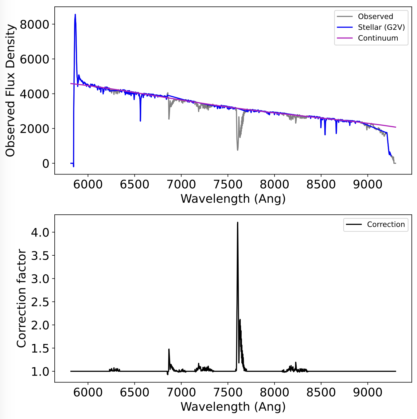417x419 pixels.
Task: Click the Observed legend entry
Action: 375,17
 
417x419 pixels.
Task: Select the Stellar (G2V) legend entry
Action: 381,27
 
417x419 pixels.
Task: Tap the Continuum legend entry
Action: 378,38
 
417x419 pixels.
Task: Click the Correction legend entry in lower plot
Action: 386,225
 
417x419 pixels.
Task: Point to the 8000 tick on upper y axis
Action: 34,24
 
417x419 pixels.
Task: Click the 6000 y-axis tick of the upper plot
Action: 34,59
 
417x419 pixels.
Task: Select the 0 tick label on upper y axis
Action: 46,163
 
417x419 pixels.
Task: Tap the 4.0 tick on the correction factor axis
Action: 40,232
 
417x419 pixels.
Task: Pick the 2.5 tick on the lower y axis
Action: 40,302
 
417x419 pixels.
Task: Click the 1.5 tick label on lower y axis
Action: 40,349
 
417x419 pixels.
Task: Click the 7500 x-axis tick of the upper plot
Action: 228,185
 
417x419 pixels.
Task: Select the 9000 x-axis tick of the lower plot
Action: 368,393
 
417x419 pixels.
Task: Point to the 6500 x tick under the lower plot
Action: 134,393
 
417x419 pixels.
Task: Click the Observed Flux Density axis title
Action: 10,90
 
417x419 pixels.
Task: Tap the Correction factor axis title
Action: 21,298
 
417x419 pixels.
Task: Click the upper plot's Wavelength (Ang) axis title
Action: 233,199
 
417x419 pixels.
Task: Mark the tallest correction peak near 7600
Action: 237,223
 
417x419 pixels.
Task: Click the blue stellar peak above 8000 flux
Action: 75,15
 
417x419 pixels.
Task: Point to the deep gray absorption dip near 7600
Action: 237,150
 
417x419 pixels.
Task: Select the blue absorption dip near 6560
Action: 140,120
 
